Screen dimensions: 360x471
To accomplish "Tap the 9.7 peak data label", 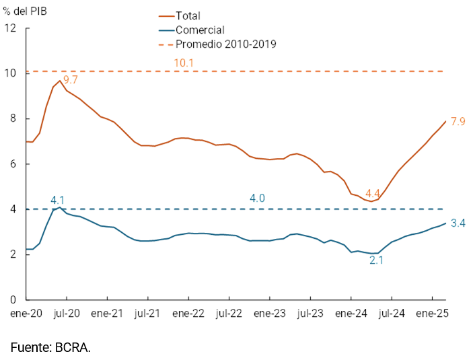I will tap(71, 80).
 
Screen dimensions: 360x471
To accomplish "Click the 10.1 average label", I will tap(184, 63).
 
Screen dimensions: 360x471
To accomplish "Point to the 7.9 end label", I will tap(458, 122).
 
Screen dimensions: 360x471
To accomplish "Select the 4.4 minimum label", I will tap(374, 192).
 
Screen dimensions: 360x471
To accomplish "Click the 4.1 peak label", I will tap(58, 200).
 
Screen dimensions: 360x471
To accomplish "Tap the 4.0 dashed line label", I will tap(257, 199).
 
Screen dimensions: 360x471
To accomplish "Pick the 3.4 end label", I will tap(458, 223).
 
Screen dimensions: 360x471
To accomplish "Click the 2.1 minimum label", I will tap(376, 259).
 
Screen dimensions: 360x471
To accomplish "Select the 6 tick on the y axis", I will tap(13, 164).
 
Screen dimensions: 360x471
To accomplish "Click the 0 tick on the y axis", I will tap(13, 299).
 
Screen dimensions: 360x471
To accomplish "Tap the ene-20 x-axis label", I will tap(26, 313).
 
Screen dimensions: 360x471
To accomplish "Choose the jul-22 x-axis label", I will tap(229, 313).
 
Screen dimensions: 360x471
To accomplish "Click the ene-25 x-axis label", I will tap(432, 313).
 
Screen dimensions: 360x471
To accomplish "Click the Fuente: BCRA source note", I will tap(50, 347).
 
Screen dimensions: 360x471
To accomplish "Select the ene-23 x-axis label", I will tap(269, 313).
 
